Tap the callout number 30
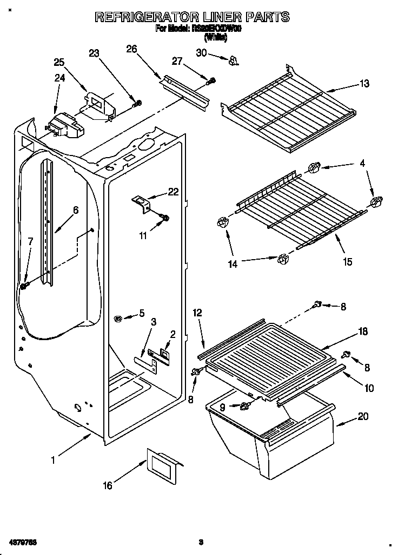pos(201,52)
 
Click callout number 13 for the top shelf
pos(364,84)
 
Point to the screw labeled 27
pos(211,81)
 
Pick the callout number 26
pos(131,49)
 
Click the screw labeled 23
pos(138,103)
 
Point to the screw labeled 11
pos(165,218)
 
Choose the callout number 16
pos(108,486)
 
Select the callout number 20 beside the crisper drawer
pos(363,416)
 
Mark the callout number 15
pos(347,261)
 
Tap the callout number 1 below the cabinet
pos(53,460)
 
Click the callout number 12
pos(197,313)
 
